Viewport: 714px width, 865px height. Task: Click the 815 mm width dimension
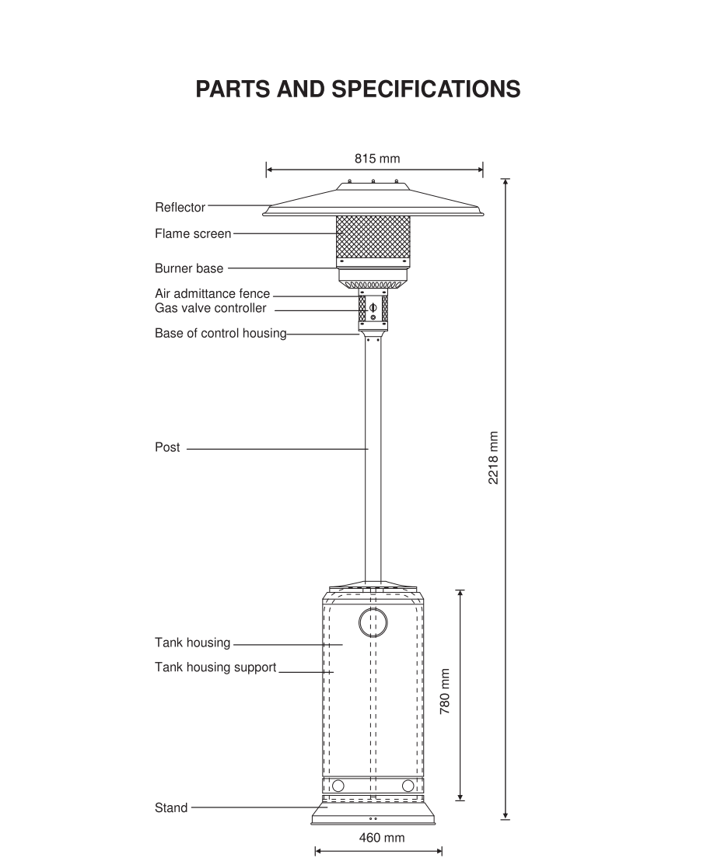[x=377, y=159]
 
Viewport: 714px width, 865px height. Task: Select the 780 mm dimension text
[x=446, y=692]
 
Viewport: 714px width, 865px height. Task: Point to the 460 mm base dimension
[x=381, y=838]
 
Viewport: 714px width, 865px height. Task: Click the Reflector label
[x=180, y=208]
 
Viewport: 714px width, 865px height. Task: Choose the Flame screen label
[x=193, y=233]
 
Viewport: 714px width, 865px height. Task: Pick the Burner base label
[x=189, y=268]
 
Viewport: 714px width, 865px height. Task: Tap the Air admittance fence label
[x=212, y=294]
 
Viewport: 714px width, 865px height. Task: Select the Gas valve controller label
[x=210, y=308]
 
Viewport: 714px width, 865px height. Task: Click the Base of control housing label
[x=220, y=334]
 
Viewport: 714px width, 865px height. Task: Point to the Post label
[x=167, y=447]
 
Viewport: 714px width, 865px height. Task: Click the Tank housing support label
[x=215, y=667]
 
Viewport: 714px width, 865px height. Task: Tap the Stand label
[x=171, y=807]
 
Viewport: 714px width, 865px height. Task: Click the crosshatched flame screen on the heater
[x=373, y=237]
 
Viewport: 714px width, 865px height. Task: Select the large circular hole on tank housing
[x=373, y=622]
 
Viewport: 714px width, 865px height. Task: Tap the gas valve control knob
[x=373, y=307]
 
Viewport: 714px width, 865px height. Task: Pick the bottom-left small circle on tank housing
[x=338, y=786]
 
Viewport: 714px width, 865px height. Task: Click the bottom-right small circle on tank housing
[x=408, y=786]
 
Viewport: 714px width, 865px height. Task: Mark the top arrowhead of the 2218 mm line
[x=506, y=182]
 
